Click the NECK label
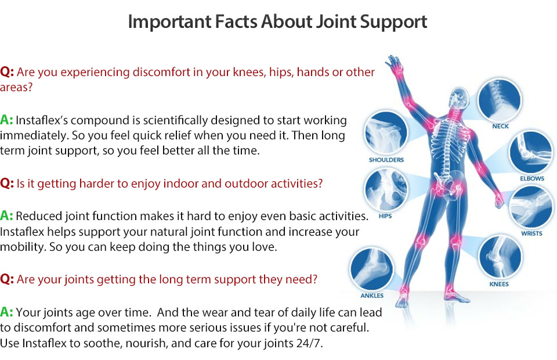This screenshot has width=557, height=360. [500, 126]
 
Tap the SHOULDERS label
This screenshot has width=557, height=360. [386, 160]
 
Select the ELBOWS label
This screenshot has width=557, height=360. [532, 178]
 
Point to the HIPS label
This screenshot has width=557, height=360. [385, 216]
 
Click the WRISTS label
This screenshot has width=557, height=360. [531, 233]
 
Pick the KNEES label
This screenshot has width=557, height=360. [499, 284]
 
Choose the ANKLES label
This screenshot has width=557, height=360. [372, 296]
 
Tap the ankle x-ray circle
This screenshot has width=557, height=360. [371, 269]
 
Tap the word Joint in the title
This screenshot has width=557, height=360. [336, 21]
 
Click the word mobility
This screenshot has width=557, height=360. [23, 247]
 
